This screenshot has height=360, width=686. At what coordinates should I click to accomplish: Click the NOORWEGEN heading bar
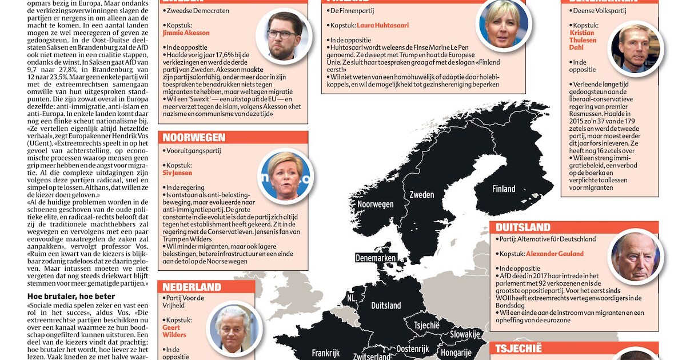click(234, 138)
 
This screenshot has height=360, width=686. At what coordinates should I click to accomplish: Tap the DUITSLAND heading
click(574, 227)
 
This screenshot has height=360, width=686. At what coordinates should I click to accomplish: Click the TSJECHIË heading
click(574, 349)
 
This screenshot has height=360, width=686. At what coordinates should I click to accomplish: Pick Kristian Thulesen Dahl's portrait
click(635, 49)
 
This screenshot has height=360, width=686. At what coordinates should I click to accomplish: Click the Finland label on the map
click(504, 189)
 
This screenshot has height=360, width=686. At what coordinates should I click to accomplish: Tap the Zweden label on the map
click(422, 195)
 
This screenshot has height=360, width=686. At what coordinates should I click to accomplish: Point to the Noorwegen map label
click(376, 204)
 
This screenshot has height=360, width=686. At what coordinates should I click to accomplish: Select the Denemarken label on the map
click(376, 258)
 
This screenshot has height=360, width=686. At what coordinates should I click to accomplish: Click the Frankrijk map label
click(326, 353)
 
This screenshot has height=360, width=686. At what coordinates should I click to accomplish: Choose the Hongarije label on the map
click(456, 353)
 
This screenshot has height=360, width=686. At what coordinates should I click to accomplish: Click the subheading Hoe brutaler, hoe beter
click(71, 296)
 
